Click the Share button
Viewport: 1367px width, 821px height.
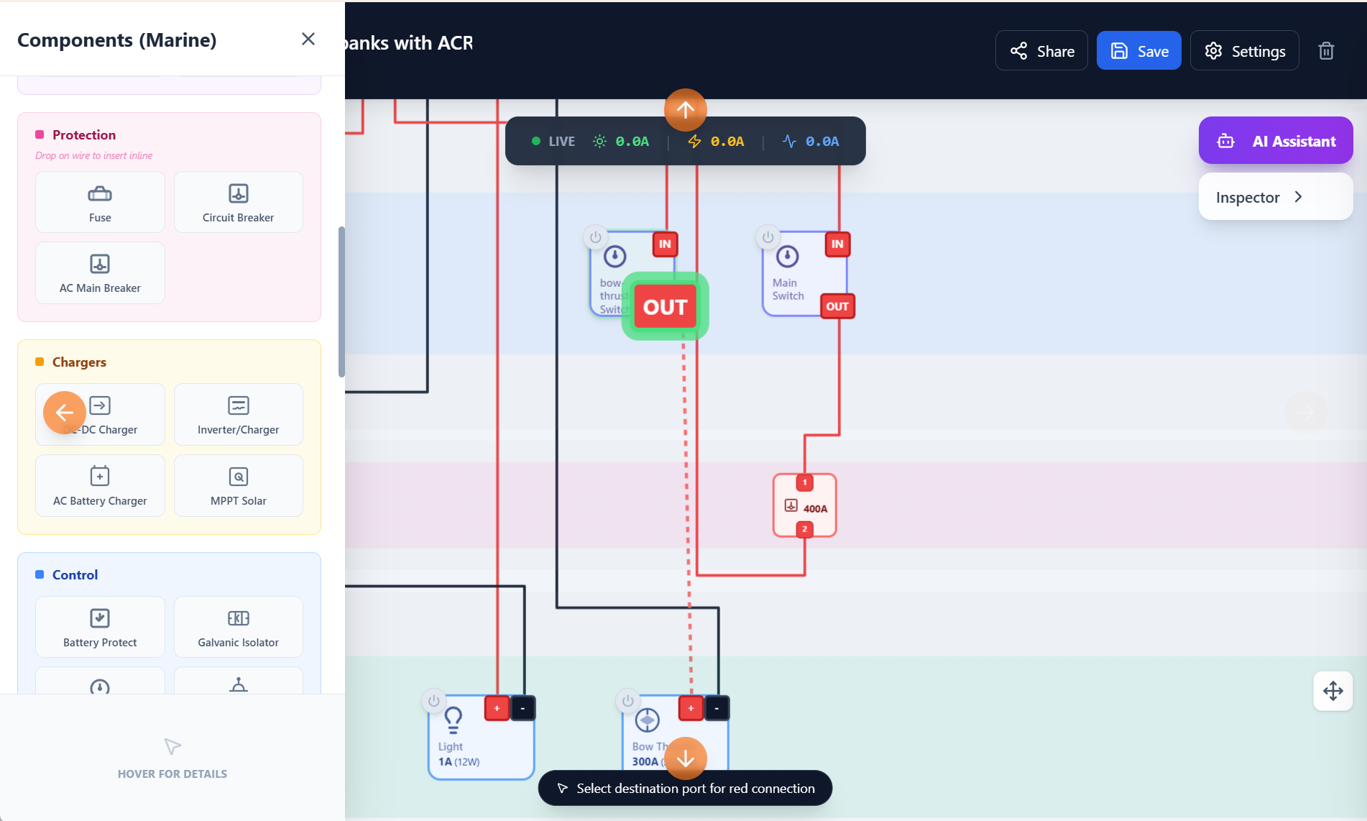1041,51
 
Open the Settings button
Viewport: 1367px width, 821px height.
1244,51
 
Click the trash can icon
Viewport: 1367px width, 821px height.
1326,51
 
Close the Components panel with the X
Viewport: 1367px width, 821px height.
308,39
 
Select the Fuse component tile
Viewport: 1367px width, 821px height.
100,202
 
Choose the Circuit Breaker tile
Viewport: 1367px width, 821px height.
238,202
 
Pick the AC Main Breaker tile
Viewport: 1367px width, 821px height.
100,273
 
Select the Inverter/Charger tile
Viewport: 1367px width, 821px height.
238,415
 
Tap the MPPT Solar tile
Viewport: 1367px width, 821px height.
238,485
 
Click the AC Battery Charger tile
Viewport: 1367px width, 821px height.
100,485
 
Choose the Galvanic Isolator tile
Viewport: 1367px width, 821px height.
238,627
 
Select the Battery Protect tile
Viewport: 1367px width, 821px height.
100,627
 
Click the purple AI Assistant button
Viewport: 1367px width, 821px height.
1276,141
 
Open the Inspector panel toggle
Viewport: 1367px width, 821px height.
1276,197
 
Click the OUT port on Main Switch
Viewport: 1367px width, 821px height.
837,306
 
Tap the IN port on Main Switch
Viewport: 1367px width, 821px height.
837,244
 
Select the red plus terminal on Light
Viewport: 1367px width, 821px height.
497,708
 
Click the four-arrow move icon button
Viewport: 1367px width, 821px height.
1333,691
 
